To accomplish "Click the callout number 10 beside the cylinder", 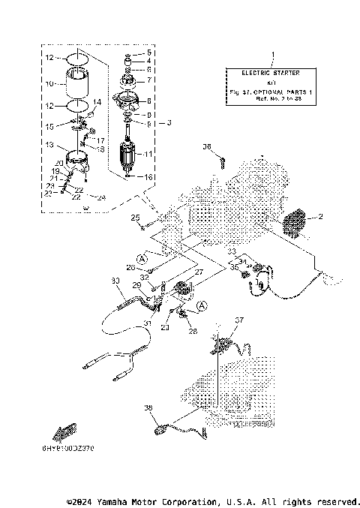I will pyautogui.click(x=50, y=83).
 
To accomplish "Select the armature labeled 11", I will pyautogui.click(x=133, y=155).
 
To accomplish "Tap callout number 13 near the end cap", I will pyautogui.click(x=49, y=144).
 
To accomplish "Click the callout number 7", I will pyautogui.click(x=148, y=79).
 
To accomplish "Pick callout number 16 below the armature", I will pyautogui.click(x=148, y=177).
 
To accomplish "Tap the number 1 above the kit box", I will pyautogui.click(x=272, y=54).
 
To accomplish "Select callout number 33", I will pyautogui.click(x=232, y=251).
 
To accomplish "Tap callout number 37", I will pyautogui.click(x=239, y=320).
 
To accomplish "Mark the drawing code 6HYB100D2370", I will pyautogui.click(x=73, y=448).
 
